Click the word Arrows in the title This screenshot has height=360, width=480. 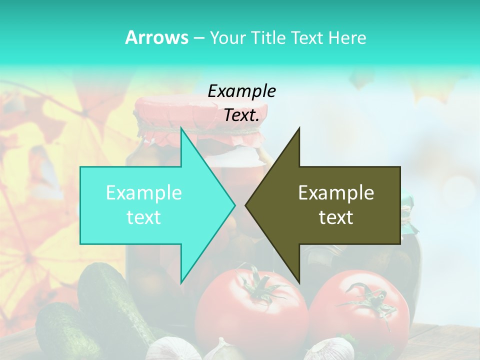click(156, 37)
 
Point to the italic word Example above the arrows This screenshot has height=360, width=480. click(241, 91)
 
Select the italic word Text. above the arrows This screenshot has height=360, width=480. click(241, 115)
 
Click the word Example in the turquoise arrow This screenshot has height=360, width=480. click(144, 193)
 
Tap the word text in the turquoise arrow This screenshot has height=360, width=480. click(144, 217)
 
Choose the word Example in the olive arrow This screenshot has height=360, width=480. click(336, 193)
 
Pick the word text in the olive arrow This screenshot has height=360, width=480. click(336, 217)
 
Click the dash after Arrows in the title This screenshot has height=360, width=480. click(198, 38)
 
